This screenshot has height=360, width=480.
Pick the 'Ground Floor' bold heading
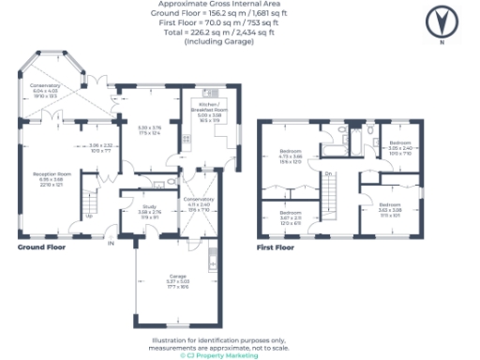click(41, 248)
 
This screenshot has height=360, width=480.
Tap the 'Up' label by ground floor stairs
click(88, 217)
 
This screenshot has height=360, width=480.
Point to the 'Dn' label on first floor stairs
click(329, 175)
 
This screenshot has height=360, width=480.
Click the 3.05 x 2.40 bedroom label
click(400, 146)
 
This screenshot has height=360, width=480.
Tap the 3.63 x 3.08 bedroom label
click(390, 206)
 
